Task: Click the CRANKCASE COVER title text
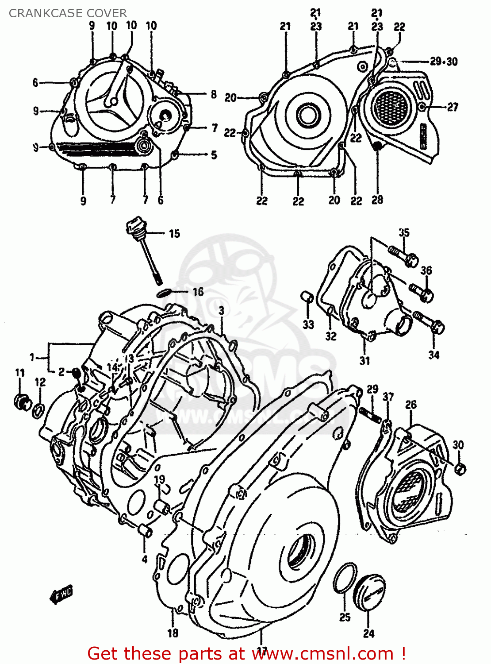(68, 13)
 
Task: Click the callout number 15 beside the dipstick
(174, 233)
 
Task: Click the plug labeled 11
(21, 401)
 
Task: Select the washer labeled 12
(38, 410)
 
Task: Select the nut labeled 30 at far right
(460, 469)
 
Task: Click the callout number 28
(377, 200)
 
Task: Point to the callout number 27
(453, 107)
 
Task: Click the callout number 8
(214, 94)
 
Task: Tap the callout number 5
(214, 154)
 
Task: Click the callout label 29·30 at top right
(444, 62)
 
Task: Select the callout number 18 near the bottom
(173, 633)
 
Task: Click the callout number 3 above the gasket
(221, 311)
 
